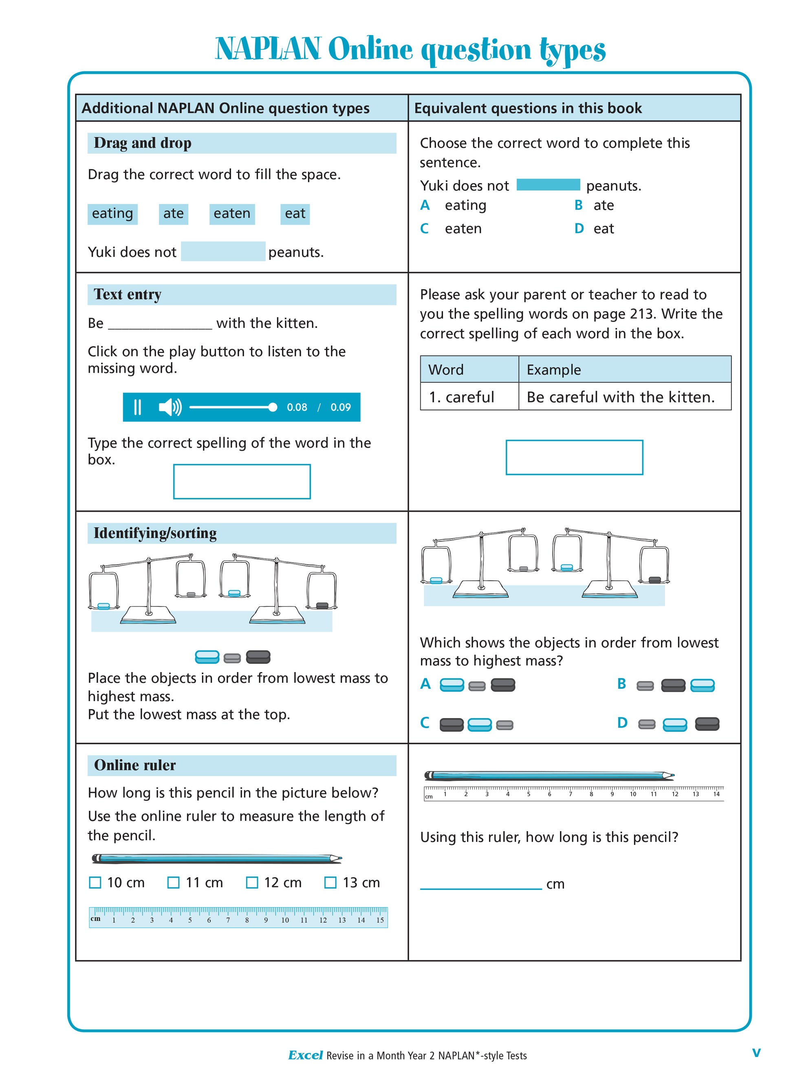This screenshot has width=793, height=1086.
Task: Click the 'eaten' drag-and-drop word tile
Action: pyautogui.click(x=232, y=214)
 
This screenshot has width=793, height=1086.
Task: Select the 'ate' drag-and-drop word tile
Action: pyautogui.click(x=173, y=214)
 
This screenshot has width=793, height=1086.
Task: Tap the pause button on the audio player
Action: pyautogui.click(x=137, y=407)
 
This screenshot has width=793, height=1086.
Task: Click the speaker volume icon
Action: pyautogui.click(x=170, y=407)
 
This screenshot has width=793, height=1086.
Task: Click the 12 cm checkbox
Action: pyautogui.click(x=251, y=883)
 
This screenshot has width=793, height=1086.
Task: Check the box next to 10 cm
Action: pyautogui.click(x=95, y=883)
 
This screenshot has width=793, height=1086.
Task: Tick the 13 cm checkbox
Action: pyautogui.click(x=330, y=883)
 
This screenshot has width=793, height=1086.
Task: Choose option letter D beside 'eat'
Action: pyautogui.click(x=579, y=229)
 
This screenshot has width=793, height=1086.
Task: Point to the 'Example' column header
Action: pyautogui.click(x=553, y=370)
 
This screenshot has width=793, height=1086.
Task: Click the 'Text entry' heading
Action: pyautogui.click(x=128, y=294)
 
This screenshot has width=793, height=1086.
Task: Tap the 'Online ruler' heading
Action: pyautogui.click(x=135, y=765)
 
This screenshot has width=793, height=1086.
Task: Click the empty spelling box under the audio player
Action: pyautogui.click(x=242, y=481)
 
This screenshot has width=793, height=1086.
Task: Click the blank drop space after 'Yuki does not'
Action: pyautogui.click(x=223, y=252)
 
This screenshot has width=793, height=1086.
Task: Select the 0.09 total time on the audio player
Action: pyautogui.click(x=340, y=407)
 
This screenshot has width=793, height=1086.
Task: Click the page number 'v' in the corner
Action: pyautogui.click(x=756, y=1053)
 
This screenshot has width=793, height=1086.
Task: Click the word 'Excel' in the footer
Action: pyautogui.click(x=305, y=1055)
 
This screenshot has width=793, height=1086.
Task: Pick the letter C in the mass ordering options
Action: pyautogui.click(x=425, y=723)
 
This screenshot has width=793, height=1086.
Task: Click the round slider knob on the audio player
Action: pyautogui.click(x=273, y=407)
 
